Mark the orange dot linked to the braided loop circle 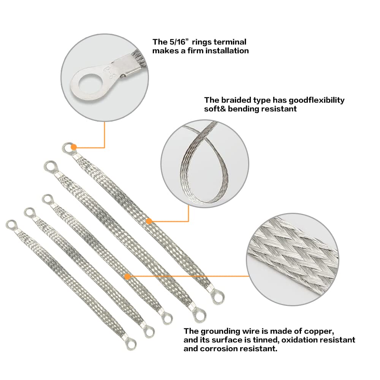(x=149, y=221)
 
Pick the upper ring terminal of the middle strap (x=47, y=199)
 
